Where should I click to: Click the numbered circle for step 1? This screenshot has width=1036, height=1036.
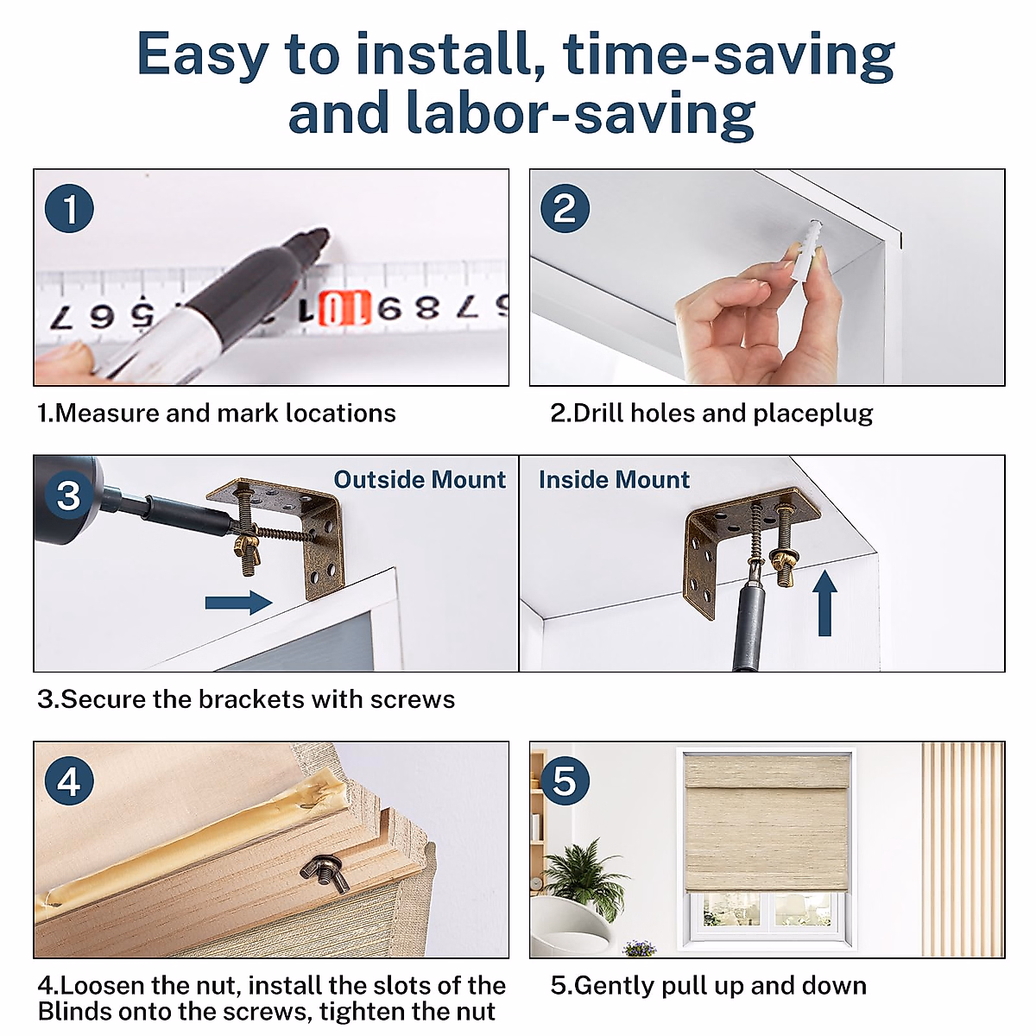pyautogui.click(x=69, y=209)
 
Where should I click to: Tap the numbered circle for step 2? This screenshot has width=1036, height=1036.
pyautogui.click(x=565, y=209)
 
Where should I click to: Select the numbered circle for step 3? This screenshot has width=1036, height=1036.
pyautogui.click(x=69, y=495)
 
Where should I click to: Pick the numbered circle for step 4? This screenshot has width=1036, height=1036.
pyautogui.click(x=69, y=780)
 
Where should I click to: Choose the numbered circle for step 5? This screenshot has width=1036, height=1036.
pyautogui.click(x=565, y=780)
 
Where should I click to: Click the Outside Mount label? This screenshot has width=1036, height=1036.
pyautogui.click(x=420, y=479)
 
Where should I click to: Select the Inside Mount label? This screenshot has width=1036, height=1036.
pyautogui.click(x=614, y=479)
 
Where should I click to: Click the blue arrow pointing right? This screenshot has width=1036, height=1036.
pyautogui.click(x=238, y=603)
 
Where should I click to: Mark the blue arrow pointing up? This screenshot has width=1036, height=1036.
pyautogui.click(x=824, y=603)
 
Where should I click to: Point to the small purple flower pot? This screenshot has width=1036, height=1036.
pyautogui.click(x=640, y=947)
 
